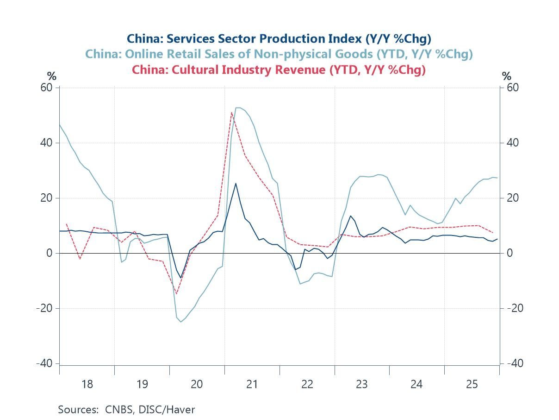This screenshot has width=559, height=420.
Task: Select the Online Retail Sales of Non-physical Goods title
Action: click(279, 54)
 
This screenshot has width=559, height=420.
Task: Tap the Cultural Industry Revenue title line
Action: click(279, 70)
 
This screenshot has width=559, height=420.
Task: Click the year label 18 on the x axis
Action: click(87, 384)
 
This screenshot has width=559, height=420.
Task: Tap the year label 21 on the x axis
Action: click(252, 384)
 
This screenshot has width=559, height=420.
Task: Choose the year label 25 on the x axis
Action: click(472, 384)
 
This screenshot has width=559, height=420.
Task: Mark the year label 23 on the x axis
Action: click(361, 384)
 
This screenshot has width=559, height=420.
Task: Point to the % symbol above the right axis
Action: click(507, 76)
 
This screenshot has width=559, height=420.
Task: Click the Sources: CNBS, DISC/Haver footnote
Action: click(126, 409)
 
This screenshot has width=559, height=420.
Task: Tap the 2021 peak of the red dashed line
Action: click(231, 112)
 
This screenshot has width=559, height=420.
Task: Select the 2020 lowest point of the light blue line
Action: click(181, 322)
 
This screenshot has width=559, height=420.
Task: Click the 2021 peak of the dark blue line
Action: click(236, 183)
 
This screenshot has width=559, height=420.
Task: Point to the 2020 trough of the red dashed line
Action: click(176, 293)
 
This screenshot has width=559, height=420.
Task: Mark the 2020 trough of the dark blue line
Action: click(181, 278)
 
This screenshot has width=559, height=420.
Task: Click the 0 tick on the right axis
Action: click(509, 253)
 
